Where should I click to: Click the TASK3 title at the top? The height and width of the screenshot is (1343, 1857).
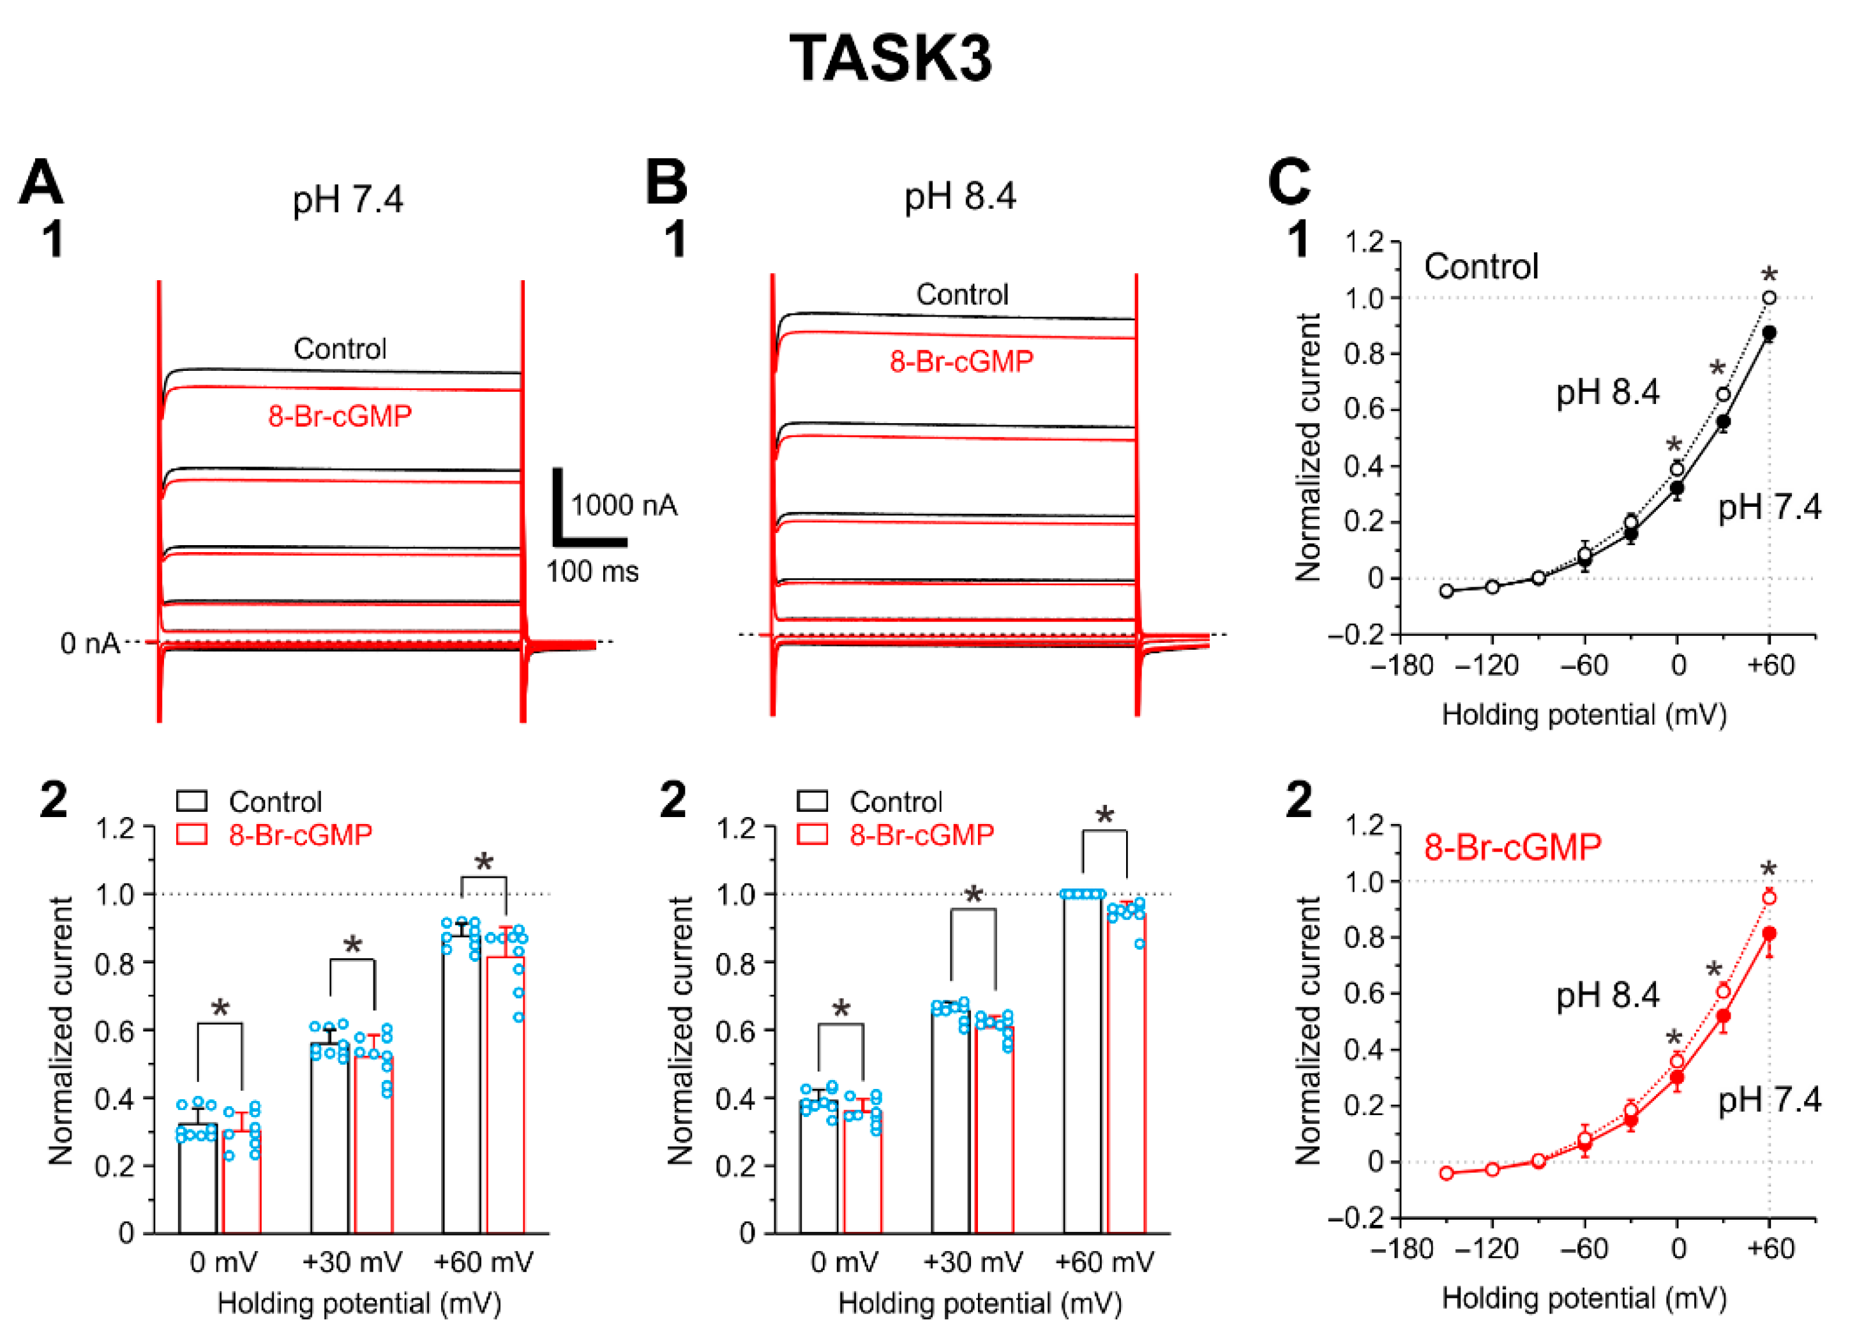click(891, 59)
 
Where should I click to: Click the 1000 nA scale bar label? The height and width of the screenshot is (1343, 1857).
click(624, 506)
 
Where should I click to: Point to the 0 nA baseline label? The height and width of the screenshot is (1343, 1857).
click(89, 643)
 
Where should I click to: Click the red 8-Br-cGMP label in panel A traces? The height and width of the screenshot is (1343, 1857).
click(340, 416)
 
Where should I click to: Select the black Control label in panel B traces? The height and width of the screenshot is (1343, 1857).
click(962, 294)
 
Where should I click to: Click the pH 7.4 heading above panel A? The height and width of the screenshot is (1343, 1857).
click(348, 199)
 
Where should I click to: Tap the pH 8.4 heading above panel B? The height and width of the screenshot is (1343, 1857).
click(959, 197)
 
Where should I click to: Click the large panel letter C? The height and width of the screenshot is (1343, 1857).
click(1289, 182)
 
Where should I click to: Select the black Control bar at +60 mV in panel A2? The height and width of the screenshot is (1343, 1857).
click(461, 1089)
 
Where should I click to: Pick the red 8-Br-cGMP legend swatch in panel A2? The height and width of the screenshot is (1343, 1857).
click(192, 834)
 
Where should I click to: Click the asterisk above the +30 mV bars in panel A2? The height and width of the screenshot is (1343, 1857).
click(352, 947)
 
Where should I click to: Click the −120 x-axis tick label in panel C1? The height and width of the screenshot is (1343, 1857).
click(1492, 665)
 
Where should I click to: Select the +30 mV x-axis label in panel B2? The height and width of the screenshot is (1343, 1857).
click(973, 1263)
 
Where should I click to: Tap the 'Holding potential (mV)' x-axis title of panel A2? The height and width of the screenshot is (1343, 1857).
click(359, 1303)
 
